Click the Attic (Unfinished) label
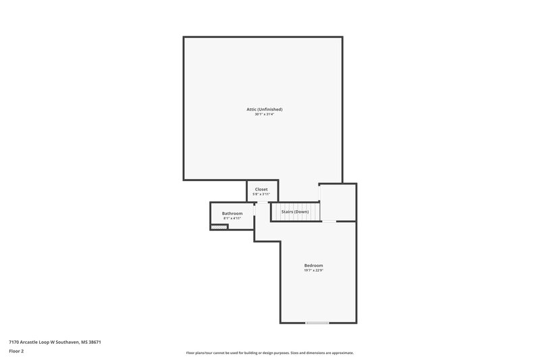tap(264, 109)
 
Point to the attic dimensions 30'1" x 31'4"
tap(264, 115)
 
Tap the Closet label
tap(261, 189)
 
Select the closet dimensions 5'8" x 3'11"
tap(261, 195)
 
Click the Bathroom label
tap(232, 213)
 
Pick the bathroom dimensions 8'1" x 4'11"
tap(232, 219)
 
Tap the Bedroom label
tap(313, 265)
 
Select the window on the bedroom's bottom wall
tap(317, 323)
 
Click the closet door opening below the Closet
tap(263, 202)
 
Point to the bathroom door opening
tap(254, 211)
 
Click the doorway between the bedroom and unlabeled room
tap(329, 221)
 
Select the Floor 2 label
tap(17, 351)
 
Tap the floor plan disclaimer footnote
tap(269, 353)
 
